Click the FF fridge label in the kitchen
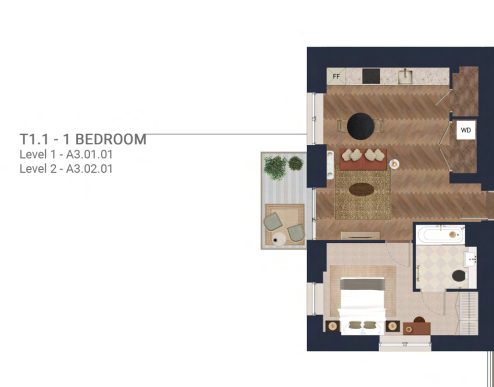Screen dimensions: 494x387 pyautogui.click(x=336, y=77)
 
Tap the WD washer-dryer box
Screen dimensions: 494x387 pyautogui.click(x=466, y=130)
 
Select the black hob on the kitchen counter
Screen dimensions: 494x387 pyautogui.click(x=371, y=76)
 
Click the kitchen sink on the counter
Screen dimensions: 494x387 pyautogui.click(x=405, y=76)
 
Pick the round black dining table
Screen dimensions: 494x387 pyautogui.click(x=360, y=126)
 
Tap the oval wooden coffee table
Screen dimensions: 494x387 pyautogui.click(x=361, y=189)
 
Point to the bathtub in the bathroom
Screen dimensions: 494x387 pyautogui.click(x=440, y=235)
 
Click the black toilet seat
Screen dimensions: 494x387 pyautogui.click(x=459, y=276)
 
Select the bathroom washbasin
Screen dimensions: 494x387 pyautogui.click(x=471, y=257)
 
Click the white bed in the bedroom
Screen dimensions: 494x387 pyautogui.click(x=362, y=306)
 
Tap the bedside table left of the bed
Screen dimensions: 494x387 pyautogui.click(x=332, y=326)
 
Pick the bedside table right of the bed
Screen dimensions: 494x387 pyautogui.click(x=393, y=326)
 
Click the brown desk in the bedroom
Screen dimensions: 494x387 pyautogui.click(x=416, y=328)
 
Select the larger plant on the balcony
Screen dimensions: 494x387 pyautogui.click(x=275, y=167)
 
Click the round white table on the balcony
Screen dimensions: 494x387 pyautogui.click(x=279, y=239)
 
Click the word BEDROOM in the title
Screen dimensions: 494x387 pyautogui.click(x=111, y=139)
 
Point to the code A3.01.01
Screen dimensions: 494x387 pyautogui.click(x=89, y=155)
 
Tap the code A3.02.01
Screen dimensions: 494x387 pyautogui.click(x=89, y=169)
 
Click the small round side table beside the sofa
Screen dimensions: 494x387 pyautogui.click(x=394, y=164)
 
